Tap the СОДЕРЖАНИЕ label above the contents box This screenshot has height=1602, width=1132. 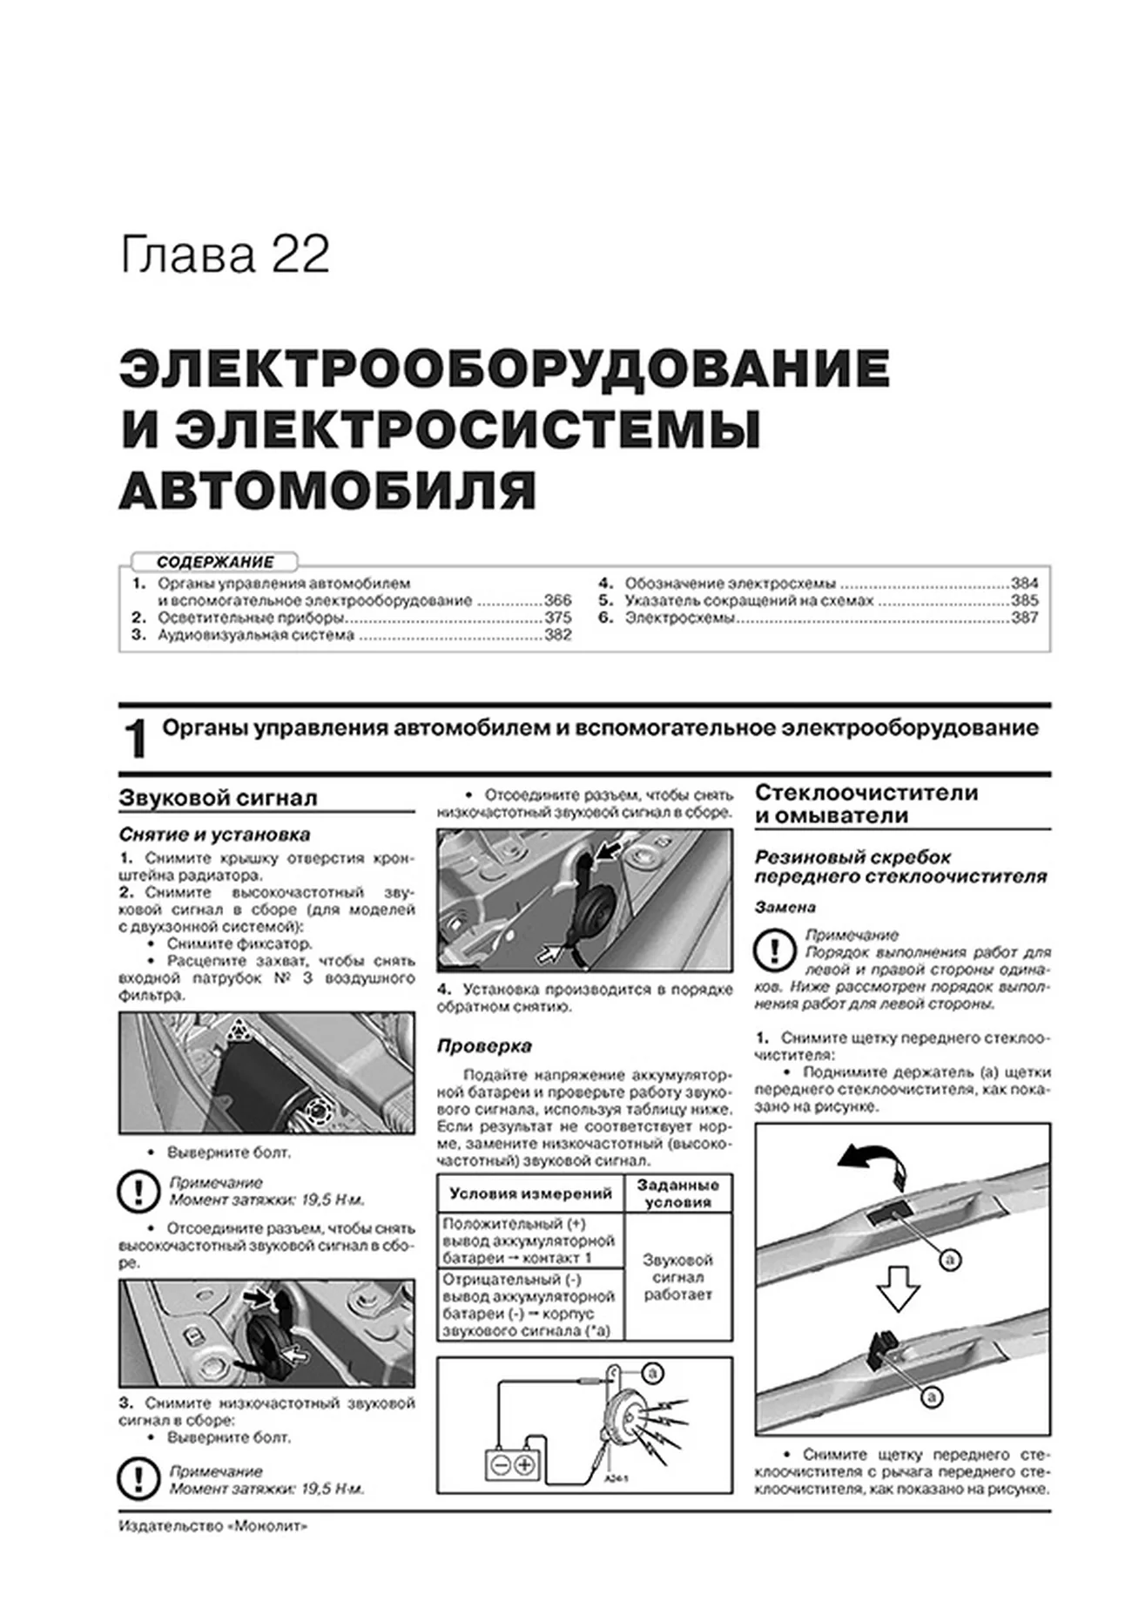pos(215,562)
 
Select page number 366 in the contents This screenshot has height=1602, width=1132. pos(557,600)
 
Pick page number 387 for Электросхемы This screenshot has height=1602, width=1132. pos(1024,618)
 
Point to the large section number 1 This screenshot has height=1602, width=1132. pos(136,740)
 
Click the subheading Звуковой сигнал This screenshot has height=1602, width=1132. pos(218,798)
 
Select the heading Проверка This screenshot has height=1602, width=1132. pos(484,1045)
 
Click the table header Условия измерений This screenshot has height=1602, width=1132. pos(530,1193)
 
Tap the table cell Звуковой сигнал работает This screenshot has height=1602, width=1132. pos(677,1277)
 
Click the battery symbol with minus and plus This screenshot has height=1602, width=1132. pos(512,1465)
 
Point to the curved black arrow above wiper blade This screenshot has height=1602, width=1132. pos(868,1161)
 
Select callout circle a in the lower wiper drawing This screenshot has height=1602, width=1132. pos(931,1398)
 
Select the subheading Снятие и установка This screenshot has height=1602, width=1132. pos(214,835)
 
